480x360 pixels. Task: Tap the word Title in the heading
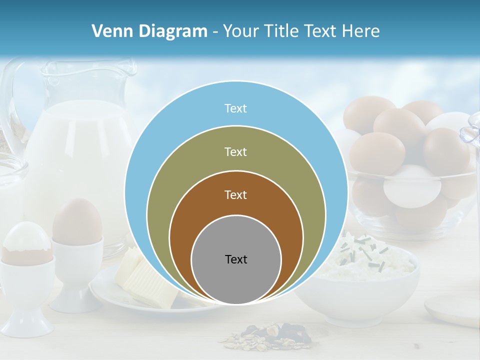[283, 31]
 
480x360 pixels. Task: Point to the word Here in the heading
[361, 31]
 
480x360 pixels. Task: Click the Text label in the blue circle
[235, 108]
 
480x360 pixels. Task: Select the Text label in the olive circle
[235, 151]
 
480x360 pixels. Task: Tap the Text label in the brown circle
[235, 195]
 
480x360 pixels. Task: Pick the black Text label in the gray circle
[236, 259]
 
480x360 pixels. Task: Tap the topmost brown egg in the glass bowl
[369, 110]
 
